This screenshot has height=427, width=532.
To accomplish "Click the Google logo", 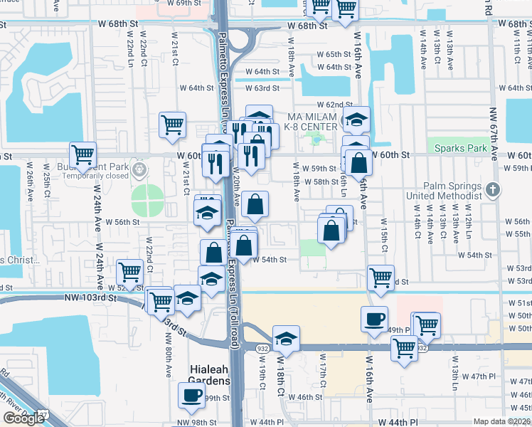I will coord(23,418).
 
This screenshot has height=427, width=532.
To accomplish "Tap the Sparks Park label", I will coord(462,149).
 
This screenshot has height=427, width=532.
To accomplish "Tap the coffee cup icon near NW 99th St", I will coord(191,396).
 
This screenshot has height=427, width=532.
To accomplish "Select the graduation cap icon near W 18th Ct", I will coord(285,338).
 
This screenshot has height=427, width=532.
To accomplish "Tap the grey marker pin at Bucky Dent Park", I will coord(140,169).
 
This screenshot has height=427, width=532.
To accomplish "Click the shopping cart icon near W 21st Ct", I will coord(172,125).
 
